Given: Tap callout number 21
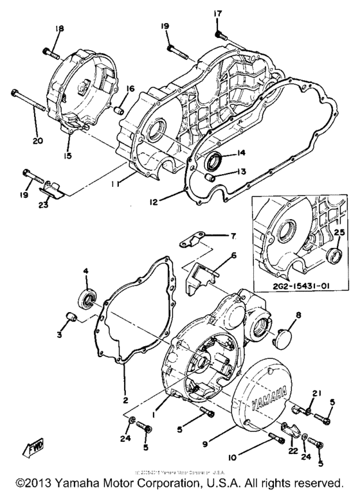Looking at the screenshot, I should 315,393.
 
